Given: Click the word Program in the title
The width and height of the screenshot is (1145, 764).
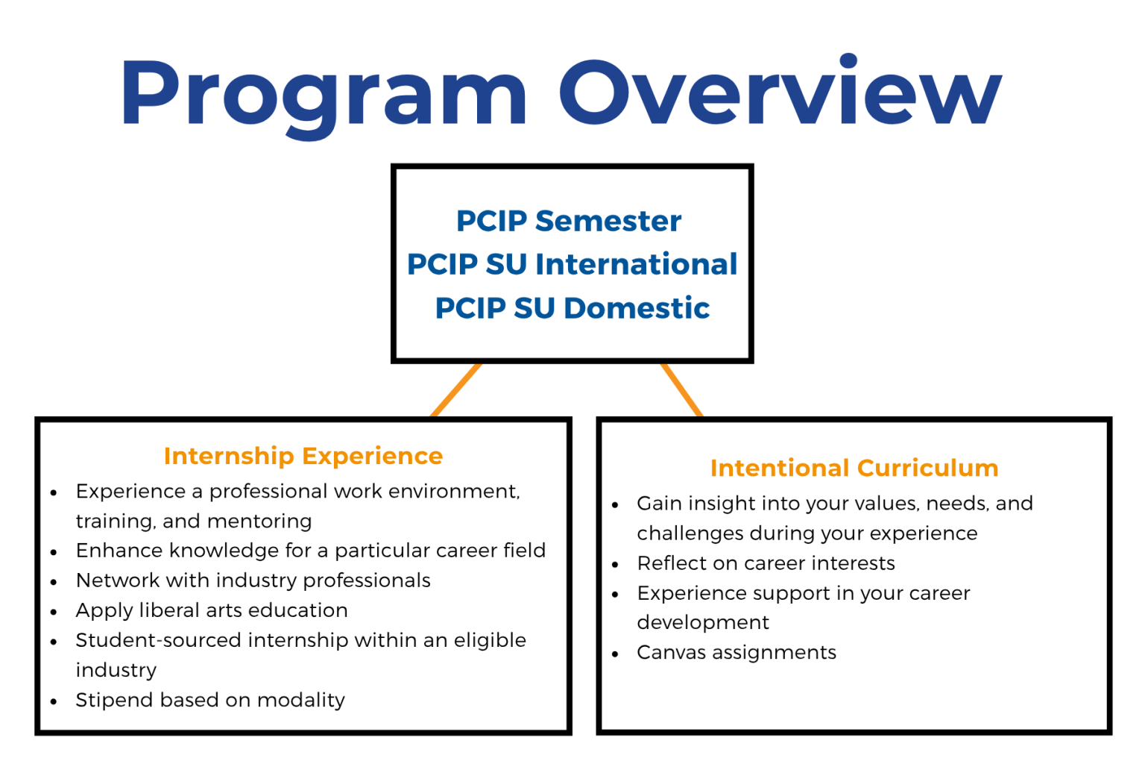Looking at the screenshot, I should (324, 93).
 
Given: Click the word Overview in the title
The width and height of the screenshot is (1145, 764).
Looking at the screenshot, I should (780, 93).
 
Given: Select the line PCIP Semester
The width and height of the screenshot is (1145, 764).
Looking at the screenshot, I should (569, 221).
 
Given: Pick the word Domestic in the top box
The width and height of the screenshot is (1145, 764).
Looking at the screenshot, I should (637, 308).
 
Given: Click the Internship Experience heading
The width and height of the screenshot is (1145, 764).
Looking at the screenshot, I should (303, 456).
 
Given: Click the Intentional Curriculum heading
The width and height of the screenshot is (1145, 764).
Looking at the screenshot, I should (854, 468).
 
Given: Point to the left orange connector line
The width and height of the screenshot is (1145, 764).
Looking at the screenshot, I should (456, 390).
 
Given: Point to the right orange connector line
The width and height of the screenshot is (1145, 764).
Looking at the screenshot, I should (681, 390).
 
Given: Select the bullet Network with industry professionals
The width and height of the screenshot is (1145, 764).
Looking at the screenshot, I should (253, 580).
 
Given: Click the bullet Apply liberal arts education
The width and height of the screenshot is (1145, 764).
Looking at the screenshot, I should (212, 610).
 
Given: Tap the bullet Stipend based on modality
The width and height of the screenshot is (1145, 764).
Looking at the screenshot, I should (210, 700).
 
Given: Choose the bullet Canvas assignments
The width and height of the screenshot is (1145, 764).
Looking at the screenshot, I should (736, 652).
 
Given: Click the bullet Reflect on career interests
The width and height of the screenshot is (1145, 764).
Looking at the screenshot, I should (766, 563).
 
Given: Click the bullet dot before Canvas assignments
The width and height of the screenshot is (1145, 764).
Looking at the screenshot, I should (615, 654).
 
